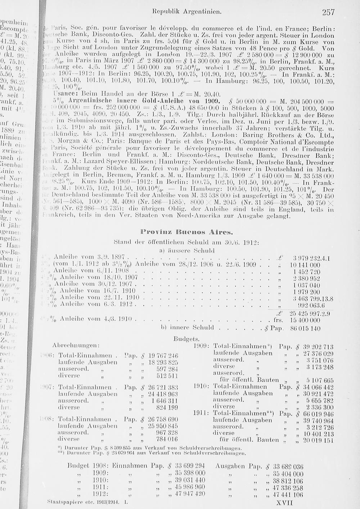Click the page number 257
point(328,13)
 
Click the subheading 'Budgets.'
point(186,339)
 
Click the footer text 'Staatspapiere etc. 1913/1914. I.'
point(88,501)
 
